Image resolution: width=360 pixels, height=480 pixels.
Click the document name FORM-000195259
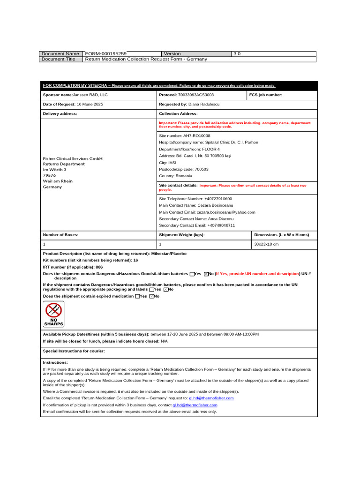click(x=105, y=54)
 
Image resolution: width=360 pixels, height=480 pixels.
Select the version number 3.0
click(x=237, y=54)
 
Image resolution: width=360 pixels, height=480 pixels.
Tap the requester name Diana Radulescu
click(x=203, y=104)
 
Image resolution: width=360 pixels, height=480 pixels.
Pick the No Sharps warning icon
click(x=53, y=314)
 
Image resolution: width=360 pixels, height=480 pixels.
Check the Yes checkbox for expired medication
click(x=137, y=296)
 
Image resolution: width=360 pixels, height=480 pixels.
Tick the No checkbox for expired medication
click(x=152, y=296)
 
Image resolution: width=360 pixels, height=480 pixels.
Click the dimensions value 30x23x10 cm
click(x=266, y=244)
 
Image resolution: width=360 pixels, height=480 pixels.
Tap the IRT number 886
click(x=99, y=267)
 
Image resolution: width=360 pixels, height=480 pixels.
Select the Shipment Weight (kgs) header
click(x=182, y=235)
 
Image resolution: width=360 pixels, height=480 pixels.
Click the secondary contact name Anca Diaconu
click(x=217, y=219)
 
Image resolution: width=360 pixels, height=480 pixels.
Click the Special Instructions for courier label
click(x=74, y=351)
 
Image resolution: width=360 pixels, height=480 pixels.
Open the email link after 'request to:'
click(x=211, y=398)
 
